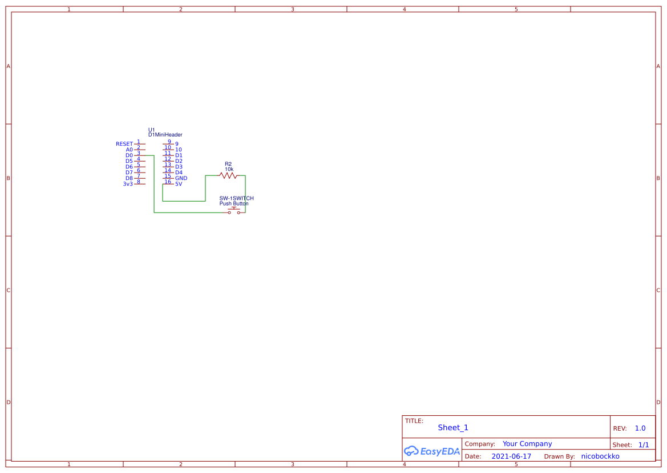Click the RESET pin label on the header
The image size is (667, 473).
coord(124,144)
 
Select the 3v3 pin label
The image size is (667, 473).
coord(128,184)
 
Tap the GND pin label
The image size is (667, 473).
coord(181,178)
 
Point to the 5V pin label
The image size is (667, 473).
coord(179,184)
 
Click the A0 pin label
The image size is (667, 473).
coord(129,150)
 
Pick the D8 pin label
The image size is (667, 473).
coord(129,178)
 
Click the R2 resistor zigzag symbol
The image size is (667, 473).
coord(228,176)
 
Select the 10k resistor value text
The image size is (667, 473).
coord(229,170)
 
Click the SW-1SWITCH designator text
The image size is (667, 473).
coord(236,198)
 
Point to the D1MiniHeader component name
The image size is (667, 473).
coord(165,135)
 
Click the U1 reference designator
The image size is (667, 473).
coord(151,130)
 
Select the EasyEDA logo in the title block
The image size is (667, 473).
coord(431,451)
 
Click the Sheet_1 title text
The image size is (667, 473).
coord(453,428)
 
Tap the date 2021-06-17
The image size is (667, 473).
coord(511,456)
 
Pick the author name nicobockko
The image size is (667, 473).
coord(600,456)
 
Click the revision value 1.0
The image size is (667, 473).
coord(640,428)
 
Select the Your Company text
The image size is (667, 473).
coord(527,444)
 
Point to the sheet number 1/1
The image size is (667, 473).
coord(644,444)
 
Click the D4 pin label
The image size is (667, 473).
coord(179,173)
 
